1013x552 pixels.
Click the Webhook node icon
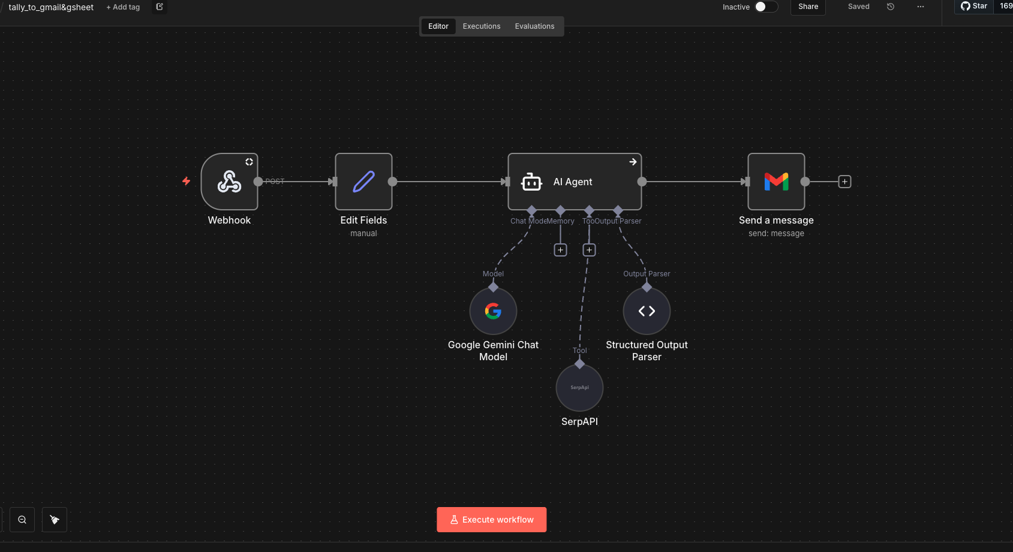tap(229, 182)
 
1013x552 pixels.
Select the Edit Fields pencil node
tap(363, 182)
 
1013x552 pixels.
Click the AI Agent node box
tap(574, 182)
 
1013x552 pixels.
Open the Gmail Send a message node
tap(776, 182)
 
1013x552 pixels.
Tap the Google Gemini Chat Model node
tap(493, 311)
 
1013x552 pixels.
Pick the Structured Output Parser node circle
tap(647, 311)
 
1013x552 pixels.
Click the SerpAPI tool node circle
tap(579, 388)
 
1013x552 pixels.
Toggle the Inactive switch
tap(766, 7)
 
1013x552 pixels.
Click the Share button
tap(808, 7)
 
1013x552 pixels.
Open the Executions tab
tap(481, 26)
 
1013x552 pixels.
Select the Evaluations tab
tap(534, 26)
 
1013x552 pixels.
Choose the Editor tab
tap(438, 26)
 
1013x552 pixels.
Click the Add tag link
tap(123, 7)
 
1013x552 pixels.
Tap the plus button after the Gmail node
tap(844, 182)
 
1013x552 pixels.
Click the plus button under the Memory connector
tap(560, 250)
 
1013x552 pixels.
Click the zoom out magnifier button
tap(22, 520)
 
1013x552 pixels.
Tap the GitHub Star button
tap(974, 6)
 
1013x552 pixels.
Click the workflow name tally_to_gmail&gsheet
tap(51, 7)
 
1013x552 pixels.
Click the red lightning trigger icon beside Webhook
tap(187, 181)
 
